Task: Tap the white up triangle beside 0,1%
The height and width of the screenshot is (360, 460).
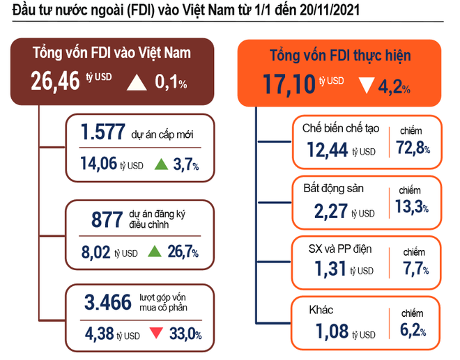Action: [137, 83]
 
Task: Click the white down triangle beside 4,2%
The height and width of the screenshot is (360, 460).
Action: [367, 86]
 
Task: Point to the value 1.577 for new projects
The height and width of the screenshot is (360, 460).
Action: [102, 132]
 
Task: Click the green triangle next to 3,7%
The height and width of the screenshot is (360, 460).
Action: [160, 165]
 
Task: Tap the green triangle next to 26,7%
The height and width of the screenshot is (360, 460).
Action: [155, 251]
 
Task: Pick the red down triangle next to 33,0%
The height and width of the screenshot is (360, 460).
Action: [158, 334]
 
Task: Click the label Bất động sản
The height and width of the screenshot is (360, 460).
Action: [333, 188]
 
